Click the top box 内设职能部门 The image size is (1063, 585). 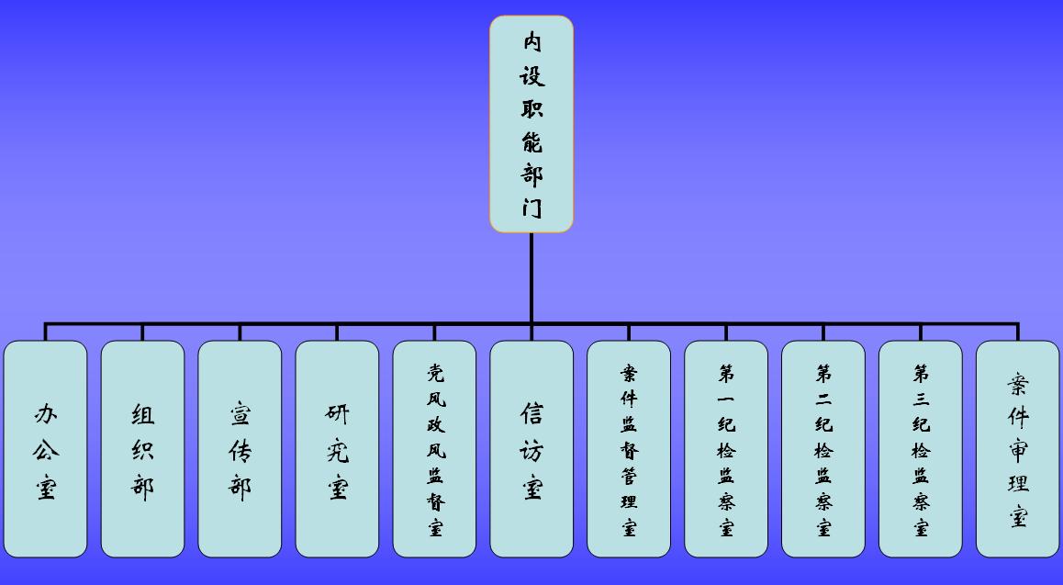[531, 124]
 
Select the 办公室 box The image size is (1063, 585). [46, 449]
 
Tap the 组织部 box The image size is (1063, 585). [142, 449]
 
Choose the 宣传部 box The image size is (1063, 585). [240, 449]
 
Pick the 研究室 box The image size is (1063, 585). [337, 449]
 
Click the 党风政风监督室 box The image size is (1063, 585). [434, 449]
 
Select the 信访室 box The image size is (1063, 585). [531, 449]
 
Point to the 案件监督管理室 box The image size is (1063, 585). [629, 449]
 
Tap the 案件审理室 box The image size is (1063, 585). [1017, 449]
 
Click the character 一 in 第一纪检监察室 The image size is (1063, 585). [726, 399]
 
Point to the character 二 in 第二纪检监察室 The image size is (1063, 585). [823, 399]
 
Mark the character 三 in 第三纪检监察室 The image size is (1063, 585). [921, 399]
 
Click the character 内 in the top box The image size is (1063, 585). [532, 41]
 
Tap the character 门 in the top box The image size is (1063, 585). [532, 208]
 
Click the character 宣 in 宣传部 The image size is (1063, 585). [241, 415]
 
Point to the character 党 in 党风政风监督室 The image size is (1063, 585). [435, 373]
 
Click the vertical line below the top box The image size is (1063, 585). [531, 276]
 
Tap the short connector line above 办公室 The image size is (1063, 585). [46, 332]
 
